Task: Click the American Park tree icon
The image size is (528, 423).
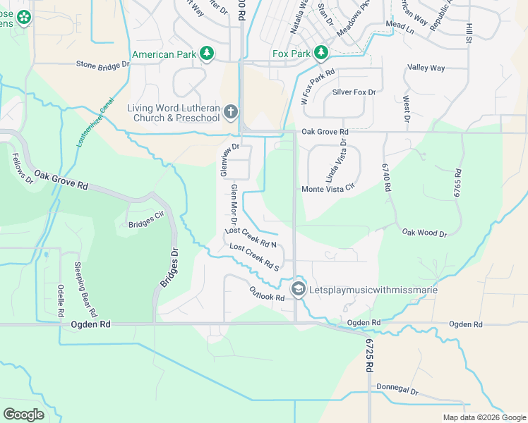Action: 207,54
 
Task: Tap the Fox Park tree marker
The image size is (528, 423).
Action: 321,54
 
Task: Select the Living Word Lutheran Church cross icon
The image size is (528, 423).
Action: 230,112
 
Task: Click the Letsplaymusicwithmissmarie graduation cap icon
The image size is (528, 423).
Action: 299,289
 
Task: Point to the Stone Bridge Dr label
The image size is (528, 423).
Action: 103,64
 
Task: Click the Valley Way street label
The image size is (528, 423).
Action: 426,68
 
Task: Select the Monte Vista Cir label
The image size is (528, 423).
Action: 328,189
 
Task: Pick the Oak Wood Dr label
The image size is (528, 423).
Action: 424,233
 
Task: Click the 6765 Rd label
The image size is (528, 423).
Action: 458,183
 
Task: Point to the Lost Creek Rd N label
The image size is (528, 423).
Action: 250,237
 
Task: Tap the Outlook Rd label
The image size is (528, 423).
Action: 266,293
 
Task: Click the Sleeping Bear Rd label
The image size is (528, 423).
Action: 88,288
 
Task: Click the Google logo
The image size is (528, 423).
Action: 23,415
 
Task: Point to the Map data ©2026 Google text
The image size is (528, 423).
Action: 484,417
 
